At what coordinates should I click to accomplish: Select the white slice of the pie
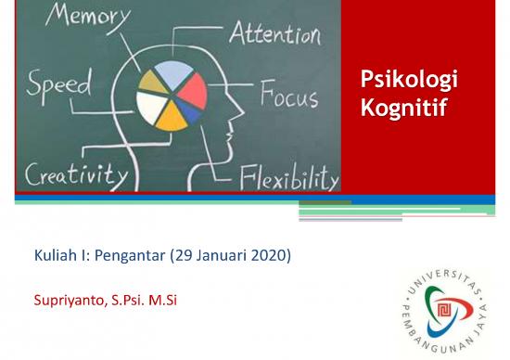149,106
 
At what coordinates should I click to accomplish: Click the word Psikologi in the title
409,83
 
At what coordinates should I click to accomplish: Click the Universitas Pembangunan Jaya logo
443,305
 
